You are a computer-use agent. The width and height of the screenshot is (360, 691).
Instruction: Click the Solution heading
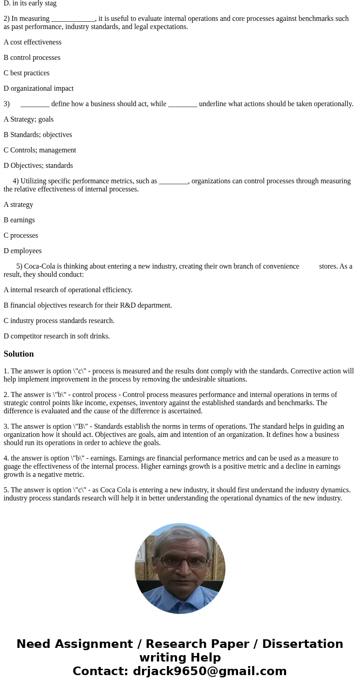[19, 354]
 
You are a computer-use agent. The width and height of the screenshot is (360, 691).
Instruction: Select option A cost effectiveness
[33, 42]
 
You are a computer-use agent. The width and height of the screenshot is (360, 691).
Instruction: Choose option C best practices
[27, 73]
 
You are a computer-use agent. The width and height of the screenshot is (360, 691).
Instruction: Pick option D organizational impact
[39, 88]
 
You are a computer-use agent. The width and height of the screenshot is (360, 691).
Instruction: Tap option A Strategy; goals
[29, 119]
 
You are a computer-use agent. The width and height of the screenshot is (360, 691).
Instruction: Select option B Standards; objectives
[38, 135]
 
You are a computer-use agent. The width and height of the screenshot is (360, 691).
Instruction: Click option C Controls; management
[40, 150]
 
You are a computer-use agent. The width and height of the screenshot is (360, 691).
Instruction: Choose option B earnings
[19, 220]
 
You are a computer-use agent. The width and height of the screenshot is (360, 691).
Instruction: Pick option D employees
[23, 251]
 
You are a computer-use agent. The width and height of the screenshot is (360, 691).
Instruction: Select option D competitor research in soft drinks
[57, 336]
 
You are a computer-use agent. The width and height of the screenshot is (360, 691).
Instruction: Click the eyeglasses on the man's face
[183, 562]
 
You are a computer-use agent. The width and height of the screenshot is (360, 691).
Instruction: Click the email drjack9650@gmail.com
[209, 671]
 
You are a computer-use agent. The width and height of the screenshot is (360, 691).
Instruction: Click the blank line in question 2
[73, 19]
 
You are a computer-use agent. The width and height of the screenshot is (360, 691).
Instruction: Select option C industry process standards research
[59, 321]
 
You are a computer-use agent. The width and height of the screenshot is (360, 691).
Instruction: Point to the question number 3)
[7, 104]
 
